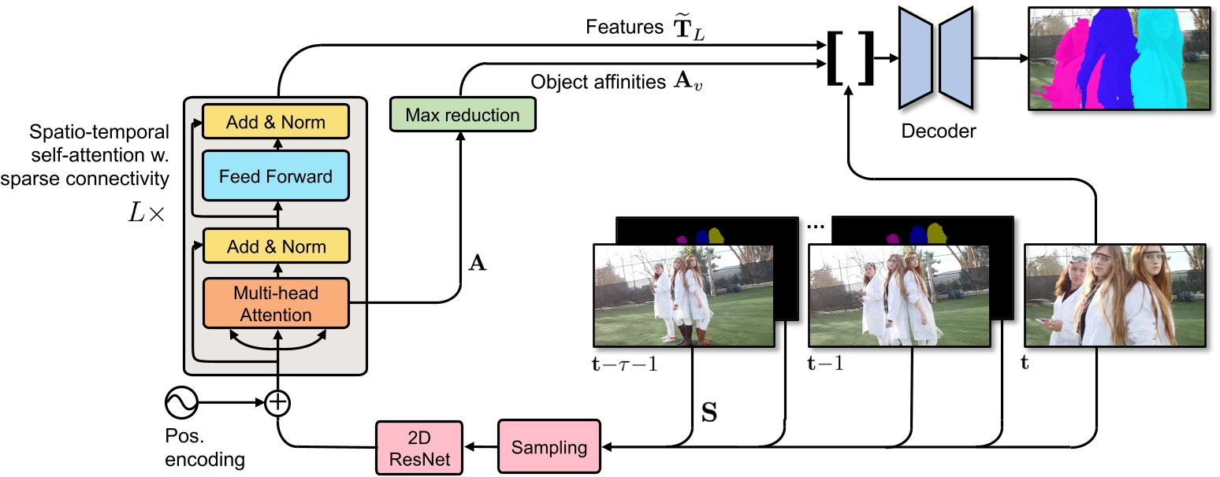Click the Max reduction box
(462, 115)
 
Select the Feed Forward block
(276, 176)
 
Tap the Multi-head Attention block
(276, 304)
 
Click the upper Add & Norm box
(276, 122)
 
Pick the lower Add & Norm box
(276, 246)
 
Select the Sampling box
(549, 447)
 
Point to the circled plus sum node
(277, 404)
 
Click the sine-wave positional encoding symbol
(181, 404)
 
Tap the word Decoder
(937, 131)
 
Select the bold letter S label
(709, 412)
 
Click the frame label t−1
(827, 364)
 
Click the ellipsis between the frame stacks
(815, 226)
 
